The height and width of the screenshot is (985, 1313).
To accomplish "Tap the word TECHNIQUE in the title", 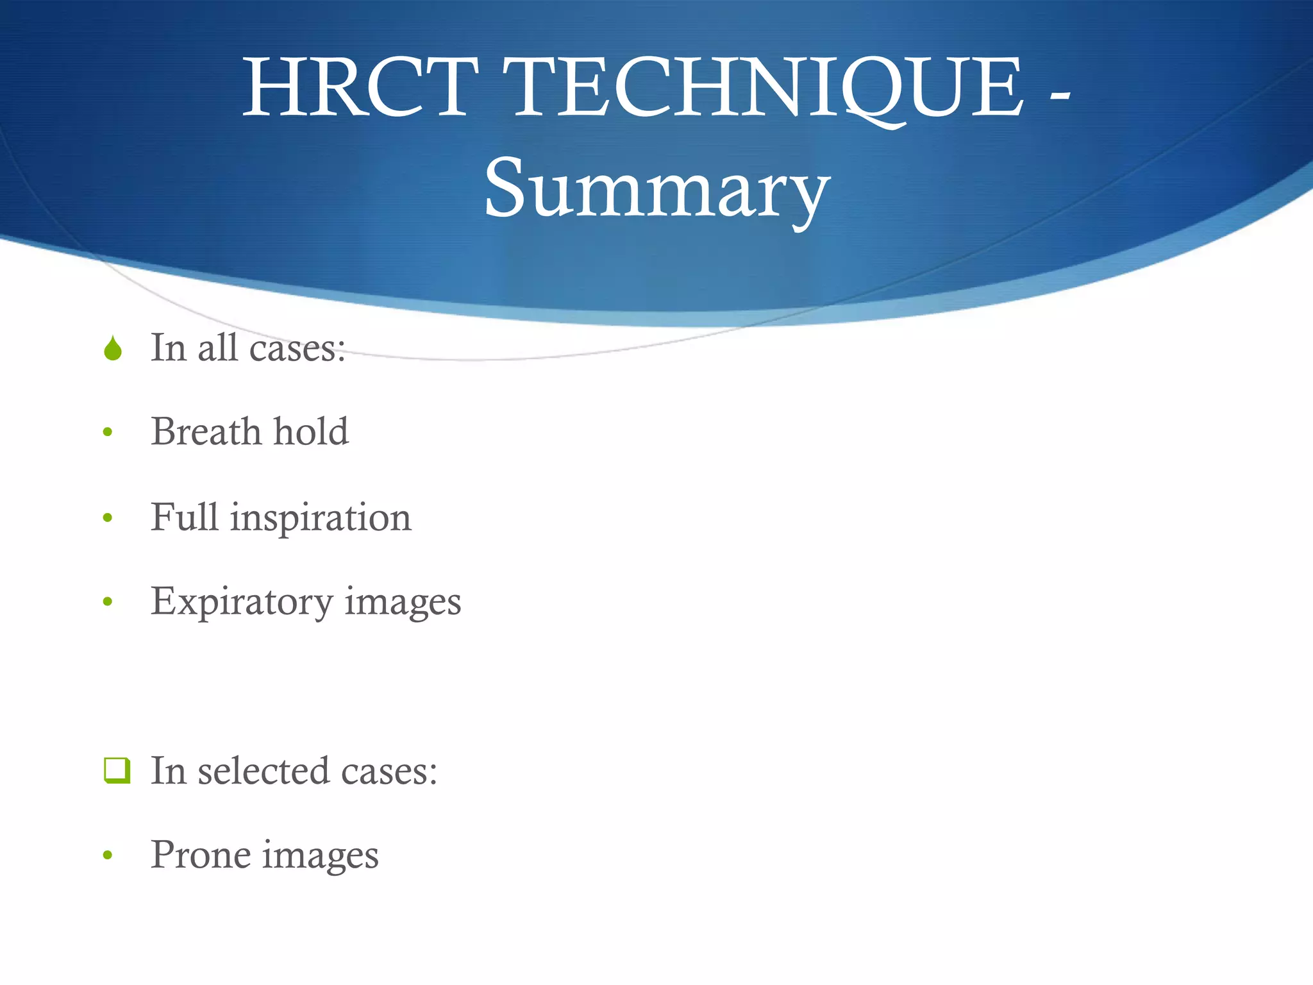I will click(x=766, y=88).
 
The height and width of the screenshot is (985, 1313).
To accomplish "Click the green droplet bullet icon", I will click(x=113, y=349).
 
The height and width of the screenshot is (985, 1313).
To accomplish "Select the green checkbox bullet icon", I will click(x=117, y=771).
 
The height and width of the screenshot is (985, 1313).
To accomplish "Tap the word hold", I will click(x=311, y=432).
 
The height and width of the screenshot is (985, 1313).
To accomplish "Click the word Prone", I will click(x=201, y=855).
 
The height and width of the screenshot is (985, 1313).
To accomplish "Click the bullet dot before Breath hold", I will click(x=108, y=433).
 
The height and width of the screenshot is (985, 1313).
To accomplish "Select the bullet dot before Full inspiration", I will click(x=108, y=518).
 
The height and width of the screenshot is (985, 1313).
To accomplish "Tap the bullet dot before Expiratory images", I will click(x=108, y=602).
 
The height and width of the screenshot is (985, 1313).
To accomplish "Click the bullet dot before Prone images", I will click(x=108, y=855).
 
